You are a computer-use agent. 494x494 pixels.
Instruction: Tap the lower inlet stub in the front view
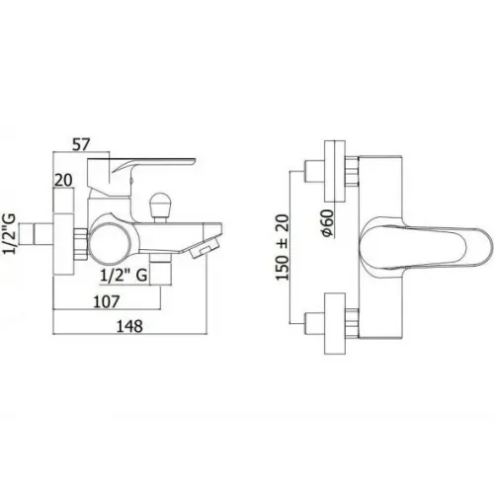click(x=315, y=323)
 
